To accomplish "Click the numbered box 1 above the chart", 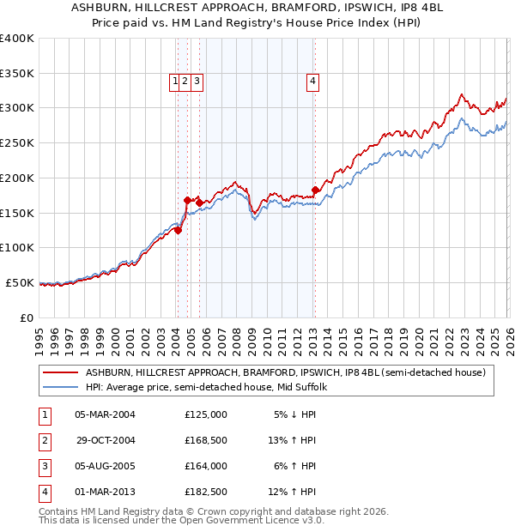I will (176, 82).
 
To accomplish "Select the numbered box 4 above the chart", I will (313, 82).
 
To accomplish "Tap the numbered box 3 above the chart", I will (197, 82).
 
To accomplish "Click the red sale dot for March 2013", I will (315, 190).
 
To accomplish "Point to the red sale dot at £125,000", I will (178, 230).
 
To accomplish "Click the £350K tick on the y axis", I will (17, 74).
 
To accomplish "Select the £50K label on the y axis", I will (20, 282).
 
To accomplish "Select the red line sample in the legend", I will (60, 372).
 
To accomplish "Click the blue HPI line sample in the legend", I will (60, 387).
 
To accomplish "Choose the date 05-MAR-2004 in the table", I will (105, 414).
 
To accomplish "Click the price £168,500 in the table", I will (206, 440).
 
